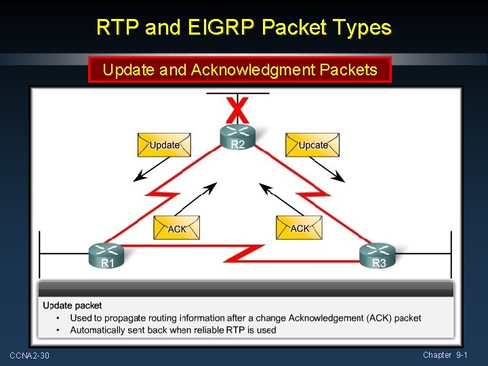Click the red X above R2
pyautogui.click(x=237, y=108)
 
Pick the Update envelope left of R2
pyautogui.click(x=164, y=144)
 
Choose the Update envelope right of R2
pyautogui.click(x=312, y=144)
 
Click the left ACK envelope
pyautogui.click(x=176, y=228)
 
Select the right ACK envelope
pyautogui.click(x=299, y=227)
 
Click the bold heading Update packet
pyautogui.click(x=73, y=306)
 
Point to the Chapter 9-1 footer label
pyautogui.click(x=445, y=355)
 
